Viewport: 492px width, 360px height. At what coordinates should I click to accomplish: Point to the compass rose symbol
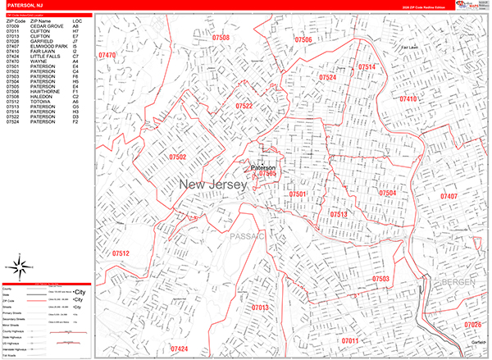click(x=20, y=267)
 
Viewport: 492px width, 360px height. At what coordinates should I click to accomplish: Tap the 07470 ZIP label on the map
click(x=107, y=56)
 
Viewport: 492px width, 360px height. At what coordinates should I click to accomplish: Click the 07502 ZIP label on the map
click(x=178, y=156)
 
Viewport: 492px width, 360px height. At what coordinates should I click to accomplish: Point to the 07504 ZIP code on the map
click(x=387, y=193)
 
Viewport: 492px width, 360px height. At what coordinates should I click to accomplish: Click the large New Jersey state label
click(x=212, y=186)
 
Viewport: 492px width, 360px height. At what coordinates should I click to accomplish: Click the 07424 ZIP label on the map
click(x=179, y=349)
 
